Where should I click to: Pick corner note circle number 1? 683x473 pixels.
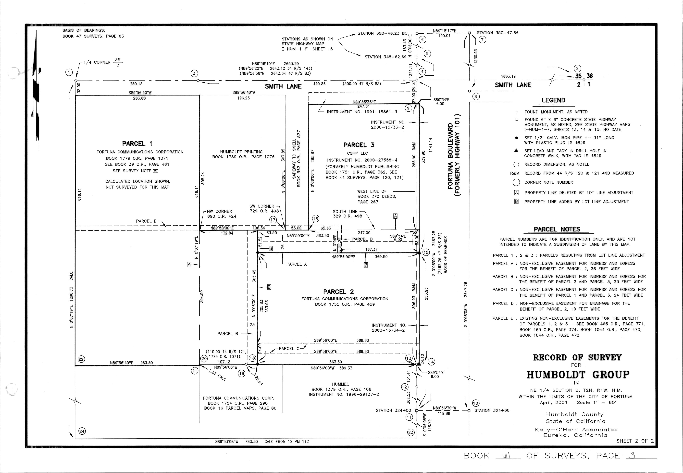[x=69, y=72]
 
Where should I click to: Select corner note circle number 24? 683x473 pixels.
[x=82, y=431]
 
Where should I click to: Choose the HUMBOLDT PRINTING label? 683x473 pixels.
[x=237, y=152]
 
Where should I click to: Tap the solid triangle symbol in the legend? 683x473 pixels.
[x=516, y=150]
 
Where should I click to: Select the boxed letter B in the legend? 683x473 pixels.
[x=516, y=202]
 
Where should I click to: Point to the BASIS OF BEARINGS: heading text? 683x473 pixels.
[x=84, y=30]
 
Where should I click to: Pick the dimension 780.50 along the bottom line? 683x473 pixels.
[x=251, y=442]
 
